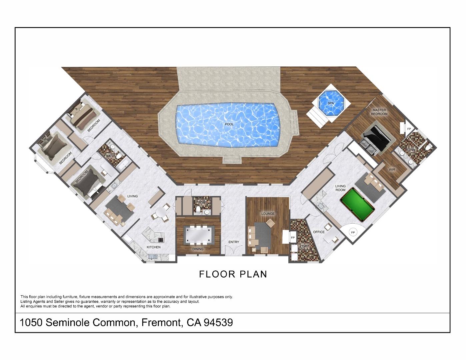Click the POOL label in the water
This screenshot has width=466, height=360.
tap(229, 124)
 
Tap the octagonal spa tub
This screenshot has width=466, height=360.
tap(330, 103)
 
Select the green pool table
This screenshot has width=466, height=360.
tap(357, 204)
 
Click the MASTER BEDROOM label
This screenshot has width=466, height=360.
tap(379, 112)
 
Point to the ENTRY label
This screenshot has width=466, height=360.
tap(234, 242)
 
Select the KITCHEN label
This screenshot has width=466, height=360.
tap(153, 247)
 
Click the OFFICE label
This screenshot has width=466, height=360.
tap(319, 232)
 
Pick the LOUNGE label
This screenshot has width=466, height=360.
tap(268, 214)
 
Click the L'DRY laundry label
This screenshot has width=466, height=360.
tap(304, 246)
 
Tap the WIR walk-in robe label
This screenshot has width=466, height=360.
tap(392, 170)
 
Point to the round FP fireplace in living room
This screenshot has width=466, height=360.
tap(353, 232)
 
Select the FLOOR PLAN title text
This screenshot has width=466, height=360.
tap(233, 274)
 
